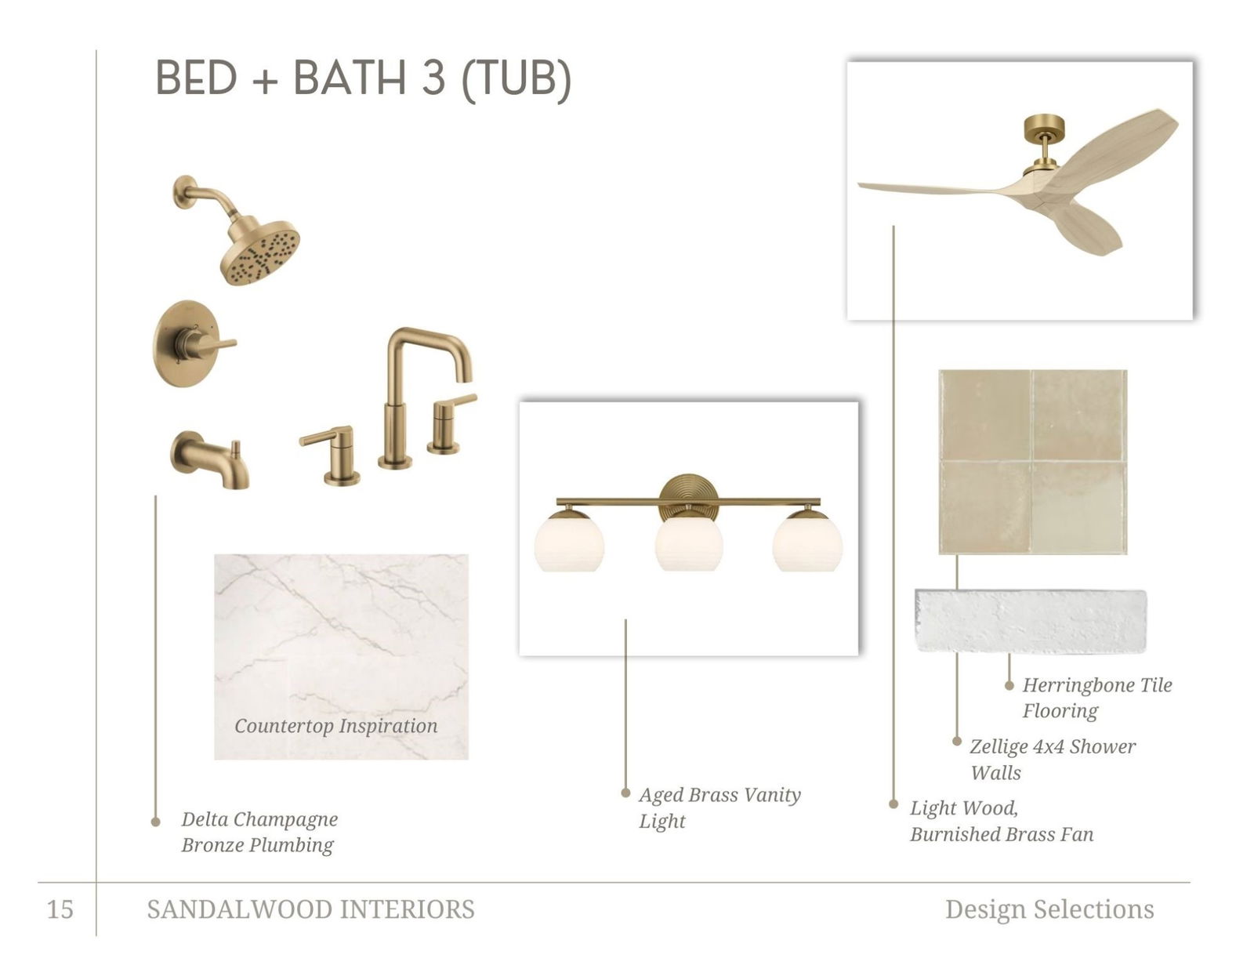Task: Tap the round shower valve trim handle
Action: click(x=194, y=344)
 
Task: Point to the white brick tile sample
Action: click(x=1031, y=620)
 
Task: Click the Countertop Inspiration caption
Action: click(x=336, y=726)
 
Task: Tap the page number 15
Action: click(x=60, y=909)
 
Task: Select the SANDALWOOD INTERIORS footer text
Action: click(x=310, y=909)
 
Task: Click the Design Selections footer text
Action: click(x=1049, y=909)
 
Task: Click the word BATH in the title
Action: click(x=350, y=78)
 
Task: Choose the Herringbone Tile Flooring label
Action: click(x=1097, y=698)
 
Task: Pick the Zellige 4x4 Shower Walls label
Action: click(x=1053, y=760)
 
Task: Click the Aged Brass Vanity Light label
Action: click(x=719, y=807)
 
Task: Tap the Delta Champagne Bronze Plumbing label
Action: click(x=259, y=832)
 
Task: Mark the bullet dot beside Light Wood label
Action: click(x=893, y=804)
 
